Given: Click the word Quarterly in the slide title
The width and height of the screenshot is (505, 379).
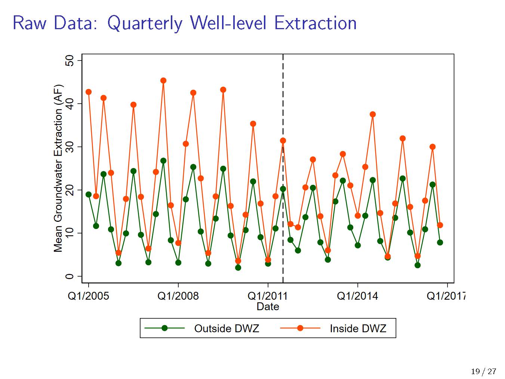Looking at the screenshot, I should pos(145,23).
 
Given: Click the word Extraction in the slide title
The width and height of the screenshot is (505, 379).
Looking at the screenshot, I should pos(315,23).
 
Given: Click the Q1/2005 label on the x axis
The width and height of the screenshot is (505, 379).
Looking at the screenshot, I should pos(88,296).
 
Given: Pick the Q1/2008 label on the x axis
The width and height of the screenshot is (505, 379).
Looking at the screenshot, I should pos(178,296).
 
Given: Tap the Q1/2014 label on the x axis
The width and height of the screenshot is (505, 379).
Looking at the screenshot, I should pos(357,296).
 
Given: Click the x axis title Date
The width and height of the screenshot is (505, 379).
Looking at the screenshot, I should pos(268,307).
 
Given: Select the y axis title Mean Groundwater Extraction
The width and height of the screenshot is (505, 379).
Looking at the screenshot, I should pos(58,168).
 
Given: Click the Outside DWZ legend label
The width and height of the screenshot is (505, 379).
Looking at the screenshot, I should pos(227,328).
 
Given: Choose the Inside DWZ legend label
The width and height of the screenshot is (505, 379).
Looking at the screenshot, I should pos(358,328).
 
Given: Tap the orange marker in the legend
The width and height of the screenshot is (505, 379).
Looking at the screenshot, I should pos(300,328).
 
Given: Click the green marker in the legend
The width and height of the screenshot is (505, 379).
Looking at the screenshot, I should pos(164,328).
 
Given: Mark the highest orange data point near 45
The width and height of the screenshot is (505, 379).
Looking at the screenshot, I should pos(163,80).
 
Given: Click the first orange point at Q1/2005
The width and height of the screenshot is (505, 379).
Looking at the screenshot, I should pos(89,92).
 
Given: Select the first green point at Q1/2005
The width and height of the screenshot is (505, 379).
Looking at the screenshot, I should pos(89,195).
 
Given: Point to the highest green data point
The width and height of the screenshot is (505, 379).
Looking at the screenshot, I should pos(163,161).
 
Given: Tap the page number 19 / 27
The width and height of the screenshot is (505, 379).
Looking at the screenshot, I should pos(484,372).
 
